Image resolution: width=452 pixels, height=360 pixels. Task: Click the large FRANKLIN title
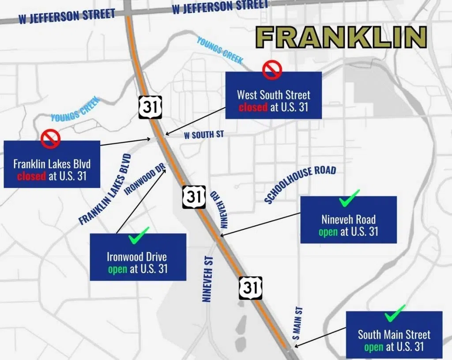point(341,37)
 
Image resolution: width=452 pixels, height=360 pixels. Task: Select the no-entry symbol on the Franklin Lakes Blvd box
point(50,138)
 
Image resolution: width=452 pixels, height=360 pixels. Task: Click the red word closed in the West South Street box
point(253,107)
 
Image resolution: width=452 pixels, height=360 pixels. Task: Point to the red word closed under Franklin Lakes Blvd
point(31,176)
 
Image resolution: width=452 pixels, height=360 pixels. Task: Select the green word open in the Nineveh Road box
point(328,231)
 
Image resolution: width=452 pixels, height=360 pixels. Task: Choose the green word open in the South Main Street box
point(373,347)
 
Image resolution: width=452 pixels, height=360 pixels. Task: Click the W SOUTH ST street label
point(204,135)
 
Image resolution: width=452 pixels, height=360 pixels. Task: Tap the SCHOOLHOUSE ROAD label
point(300,184)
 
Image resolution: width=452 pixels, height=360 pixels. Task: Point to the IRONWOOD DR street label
point(145,178)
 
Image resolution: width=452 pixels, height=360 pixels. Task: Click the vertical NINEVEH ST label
point(207,280)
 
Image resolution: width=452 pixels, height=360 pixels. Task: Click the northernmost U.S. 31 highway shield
point(151,107)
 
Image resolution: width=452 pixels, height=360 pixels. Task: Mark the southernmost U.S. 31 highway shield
point(250,288)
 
